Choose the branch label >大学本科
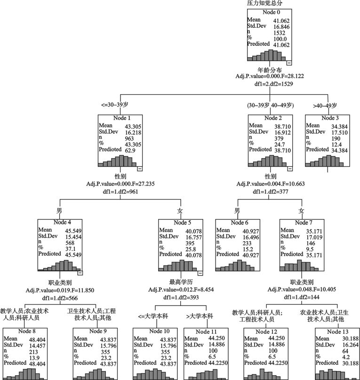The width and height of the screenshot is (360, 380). point(200,316)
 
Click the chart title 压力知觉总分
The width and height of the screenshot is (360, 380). point(265,3)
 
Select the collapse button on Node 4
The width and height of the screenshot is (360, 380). point(80,272)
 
